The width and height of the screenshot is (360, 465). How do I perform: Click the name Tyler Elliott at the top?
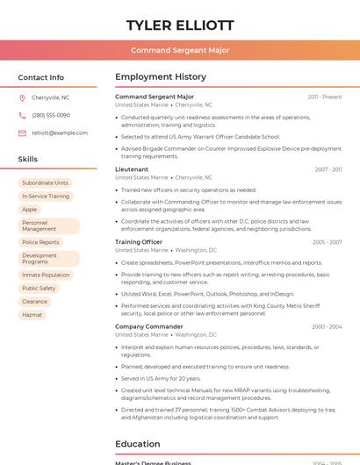(x=180, y=25)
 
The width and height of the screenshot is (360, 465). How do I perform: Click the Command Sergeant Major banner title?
(x=180, y=50)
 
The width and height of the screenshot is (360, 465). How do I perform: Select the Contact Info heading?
(x=41, y=77)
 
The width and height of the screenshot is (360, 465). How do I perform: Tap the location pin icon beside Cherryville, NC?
(x=22, y=97)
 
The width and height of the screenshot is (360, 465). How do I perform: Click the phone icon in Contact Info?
(x=22, y=115)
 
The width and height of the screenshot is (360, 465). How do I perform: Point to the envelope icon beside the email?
(x=22, y=132)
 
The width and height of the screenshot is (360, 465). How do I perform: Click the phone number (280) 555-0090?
(x=51, y=115)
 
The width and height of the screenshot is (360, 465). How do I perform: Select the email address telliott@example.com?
(x=60, y=132)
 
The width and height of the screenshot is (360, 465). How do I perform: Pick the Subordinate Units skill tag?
(x=45, y=182)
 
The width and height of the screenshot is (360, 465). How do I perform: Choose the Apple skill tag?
(x=30, y=210)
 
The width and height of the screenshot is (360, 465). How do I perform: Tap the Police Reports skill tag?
(x=40, y=242)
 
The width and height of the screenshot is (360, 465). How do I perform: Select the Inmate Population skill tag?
(x=46, y=275)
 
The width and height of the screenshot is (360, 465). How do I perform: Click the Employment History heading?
(x=161, y=77)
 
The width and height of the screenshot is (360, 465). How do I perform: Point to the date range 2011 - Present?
(x=325, y=97)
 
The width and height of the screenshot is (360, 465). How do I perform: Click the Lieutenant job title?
(x=132, y=169)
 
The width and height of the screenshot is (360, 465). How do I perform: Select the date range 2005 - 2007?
(x=327, y=242)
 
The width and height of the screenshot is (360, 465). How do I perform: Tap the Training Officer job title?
(x=139, y=242)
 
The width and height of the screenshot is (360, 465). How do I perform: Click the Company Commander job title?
(x=149, y=326)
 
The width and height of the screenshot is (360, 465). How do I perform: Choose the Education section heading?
(x=138, y=444)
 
